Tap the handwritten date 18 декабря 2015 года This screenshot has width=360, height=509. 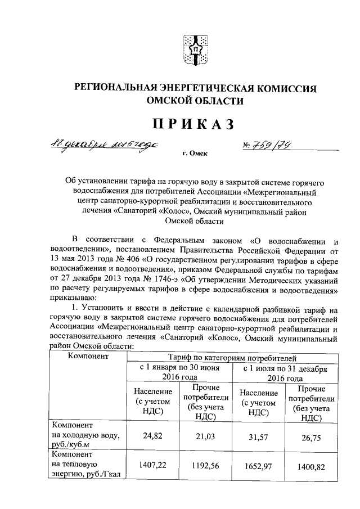pos(114,145)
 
